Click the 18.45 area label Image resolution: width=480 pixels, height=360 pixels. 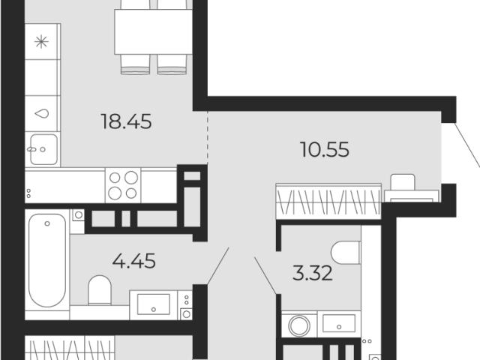126,121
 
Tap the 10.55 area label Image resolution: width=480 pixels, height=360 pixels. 325,150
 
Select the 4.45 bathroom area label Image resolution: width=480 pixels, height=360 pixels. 133,261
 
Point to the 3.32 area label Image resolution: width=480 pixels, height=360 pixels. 312,273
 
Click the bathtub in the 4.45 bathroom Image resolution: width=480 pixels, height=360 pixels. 47,260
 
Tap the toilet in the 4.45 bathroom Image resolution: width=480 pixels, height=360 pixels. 100,290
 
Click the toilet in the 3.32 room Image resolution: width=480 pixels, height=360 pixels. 346,253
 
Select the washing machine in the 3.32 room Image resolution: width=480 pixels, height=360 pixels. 299,325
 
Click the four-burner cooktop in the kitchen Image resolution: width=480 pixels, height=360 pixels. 123,185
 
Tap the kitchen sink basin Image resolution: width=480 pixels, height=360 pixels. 43,149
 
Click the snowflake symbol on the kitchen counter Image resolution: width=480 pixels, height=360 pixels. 42,42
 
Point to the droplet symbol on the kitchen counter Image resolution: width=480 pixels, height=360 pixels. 42,113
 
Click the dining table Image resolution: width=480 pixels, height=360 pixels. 153,31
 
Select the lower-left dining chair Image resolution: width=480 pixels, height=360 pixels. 135,64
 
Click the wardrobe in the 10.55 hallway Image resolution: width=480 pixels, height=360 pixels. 328,201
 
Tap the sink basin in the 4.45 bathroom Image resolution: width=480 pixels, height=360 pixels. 153,304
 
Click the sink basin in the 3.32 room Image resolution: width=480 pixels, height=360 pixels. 339,323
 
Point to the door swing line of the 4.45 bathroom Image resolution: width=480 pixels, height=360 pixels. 218,265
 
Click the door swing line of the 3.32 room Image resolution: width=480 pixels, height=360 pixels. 265,275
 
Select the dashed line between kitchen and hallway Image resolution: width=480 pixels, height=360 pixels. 207,138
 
